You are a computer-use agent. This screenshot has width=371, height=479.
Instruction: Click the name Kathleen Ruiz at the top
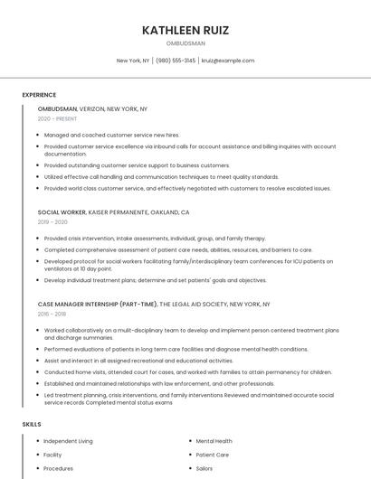pyautogui.click(x=185, y=30)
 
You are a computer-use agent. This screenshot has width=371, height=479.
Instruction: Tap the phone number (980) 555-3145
pyautogui.click(x=176, y=61)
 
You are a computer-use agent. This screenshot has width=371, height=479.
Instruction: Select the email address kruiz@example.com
pyautogui.click(x=228, y=61)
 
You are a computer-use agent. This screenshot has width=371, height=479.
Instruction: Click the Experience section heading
pyautogui.click(x=39, y=95)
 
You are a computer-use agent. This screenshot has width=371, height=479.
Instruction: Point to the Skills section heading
pyautogui.click(x=32, y=424)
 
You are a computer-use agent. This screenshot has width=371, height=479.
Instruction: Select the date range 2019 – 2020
pyautogui.click(x=52, y=221)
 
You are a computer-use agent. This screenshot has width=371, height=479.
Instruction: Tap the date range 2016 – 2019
pyautogui.click(x=52, y=315)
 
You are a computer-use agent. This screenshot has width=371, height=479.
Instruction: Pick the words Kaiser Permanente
pyautogui.click(x=120, y=211)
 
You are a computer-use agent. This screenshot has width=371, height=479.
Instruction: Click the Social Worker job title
pyautogui.click(x=62, y=211)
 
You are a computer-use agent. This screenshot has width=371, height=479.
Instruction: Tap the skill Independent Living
pyautogui.click(x=68, y=441)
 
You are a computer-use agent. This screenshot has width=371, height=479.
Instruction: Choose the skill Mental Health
pyautogui.click(x=214, y=441)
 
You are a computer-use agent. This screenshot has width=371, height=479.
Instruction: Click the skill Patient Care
pyautogui.click(x=212, y=456)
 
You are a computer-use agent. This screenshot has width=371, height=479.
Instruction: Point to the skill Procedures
pyautogui.click(x=58, y=469)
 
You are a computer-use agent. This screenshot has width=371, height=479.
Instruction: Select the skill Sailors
pyautogui.click(x=205, y=469)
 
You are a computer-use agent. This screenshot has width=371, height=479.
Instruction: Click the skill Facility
pyautogui.click(x=52, y=456)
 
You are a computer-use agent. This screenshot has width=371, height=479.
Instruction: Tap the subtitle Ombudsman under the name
pyautogui.click(x=185, y=43)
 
